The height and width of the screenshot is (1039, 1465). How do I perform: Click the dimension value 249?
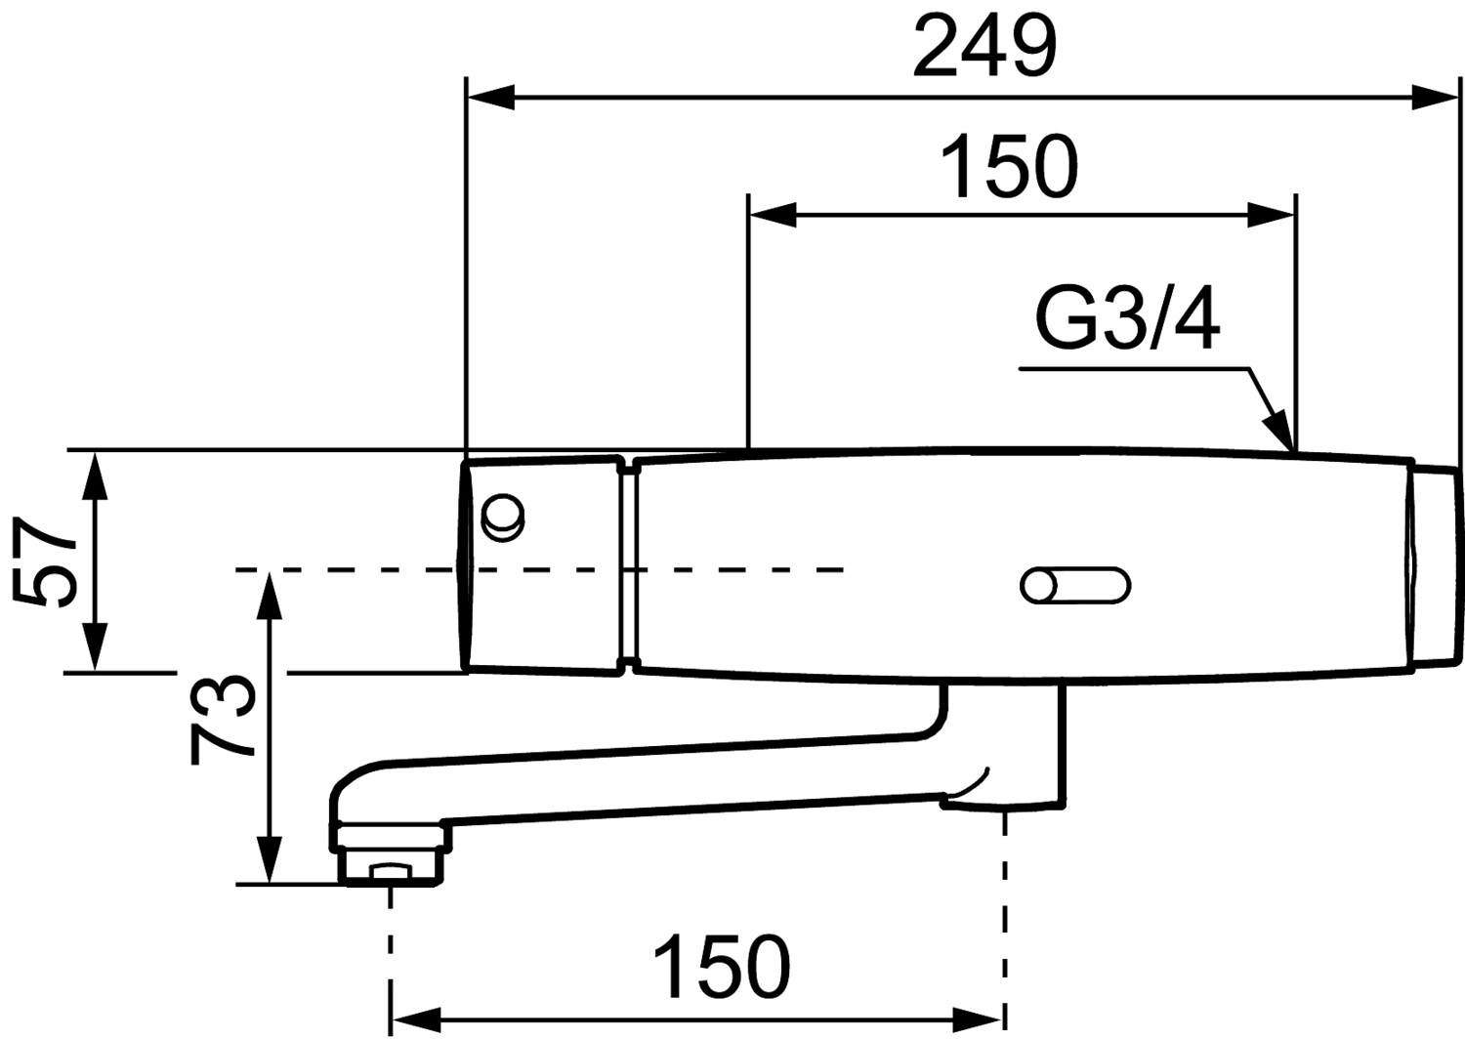pos(984,46)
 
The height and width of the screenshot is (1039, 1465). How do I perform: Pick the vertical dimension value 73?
pos(223,718)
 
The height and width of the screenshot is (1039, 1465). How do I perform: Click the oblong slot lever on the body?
pos(1075,586)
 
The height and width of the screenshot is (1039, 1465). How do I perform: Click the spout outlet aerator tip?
pos(391,871)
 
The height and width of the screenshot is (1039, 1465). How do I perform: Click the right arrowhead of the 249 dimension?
pos(1438,98)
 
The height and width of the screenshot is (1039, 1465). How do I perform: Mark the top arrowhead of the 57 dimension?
pos(95,474)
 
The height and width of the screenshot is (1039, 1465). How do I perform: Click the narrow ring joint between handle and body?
pos(628,564)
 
